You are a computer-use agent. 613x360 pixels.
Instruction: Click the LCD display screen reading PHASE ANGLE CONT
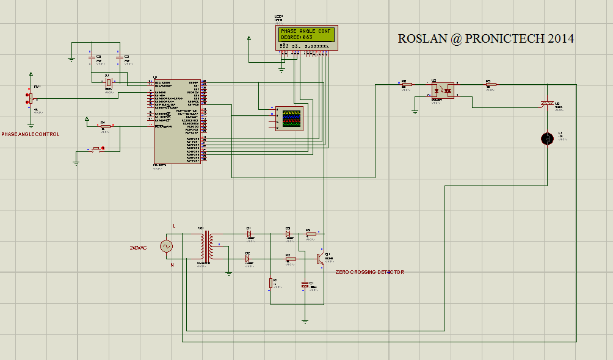click(x=306, y=34)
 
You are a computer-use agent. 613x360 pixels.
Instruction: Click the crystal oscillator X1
click(x=108, y=82)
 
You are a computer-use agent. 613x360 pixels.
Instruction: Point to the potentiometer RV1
click(x=29, y=98)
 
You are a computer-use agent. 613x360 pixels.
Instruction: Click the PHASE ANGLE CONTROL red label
click(x=31, y=134)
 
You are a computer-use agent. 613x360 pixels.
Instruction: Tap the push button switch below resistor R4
click(x=98, y=148)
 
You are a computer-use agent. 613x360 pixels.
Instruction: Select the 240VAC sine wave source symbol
click(x=166, y=246)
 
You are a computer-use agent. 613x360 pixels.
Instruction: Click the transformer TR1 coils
click(x=206, y=246)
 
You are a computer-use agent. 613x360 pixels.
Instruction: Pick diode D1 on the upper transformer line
click(x=249, y=234)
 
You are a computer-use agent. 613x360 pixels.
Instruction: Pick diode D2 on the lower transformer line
click(x=247, y=259)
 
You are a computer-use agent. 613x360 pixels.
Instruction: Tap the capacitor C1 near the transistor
click(x=305, y=285)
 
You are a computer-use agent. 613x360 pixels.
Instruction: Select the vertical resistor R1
click(x=270, y=283)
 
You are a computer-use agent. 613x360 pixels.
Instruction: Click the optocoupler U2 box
click(x=442, y=90)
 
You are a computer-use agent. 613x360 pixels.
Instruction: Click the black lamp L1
click(x=548, y=139)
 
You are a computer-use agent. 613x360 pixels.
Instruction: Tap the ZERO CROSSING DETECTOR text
click(x=369, y=272)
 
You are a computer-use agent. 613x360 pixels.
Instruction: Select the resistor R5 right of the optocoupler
click(x=491, y=85)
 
